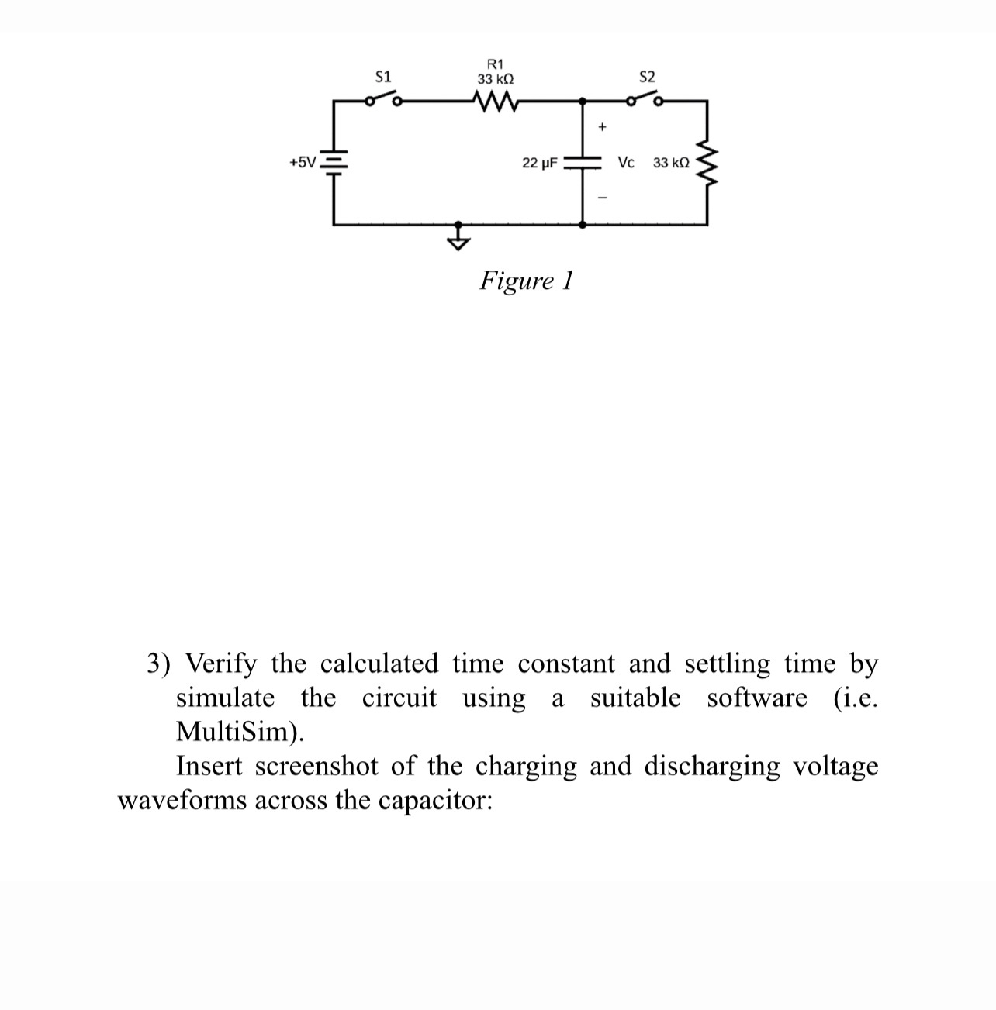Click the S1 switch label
383,77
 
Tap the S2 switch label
647,77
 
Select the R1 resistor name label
495,64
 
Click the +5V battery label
303,163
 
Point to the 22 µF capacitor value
539,163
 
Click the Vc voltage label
626,163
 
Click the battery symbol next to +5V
334,162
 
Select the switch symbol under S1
383,99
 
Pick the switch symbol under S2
645,99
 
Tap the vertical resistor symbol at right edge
707,162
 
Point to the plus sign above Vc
602,126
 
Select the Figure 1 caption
526,280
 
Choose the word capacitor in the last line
434,800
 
